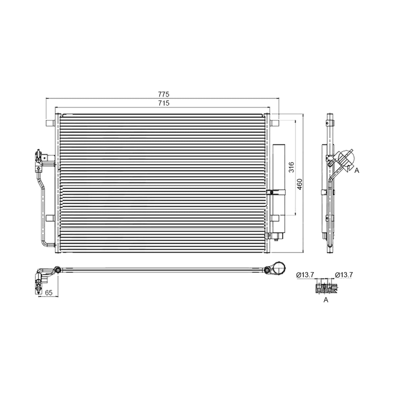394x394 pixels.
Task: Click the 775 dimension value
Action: pyautogui.click(x=164, y=94)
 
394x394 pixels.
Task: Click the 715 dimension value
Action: pyautogui.click(x=164, y=103)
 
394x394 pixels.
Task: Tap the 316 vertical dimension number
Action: pyautogui.click(x=291, y=167)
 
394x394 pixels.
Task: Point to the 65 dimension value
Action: pyautogui.click(x=49, y=293)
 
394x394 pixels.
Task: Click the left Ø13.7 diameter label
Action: pyautogui.click(x=305, y=275)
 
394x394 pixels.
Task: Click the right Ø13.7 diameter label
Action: pyautogui.click(x=344, y=275)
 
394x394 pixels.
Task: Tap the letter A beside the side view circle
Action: pyautogui.click(x=357, y=170)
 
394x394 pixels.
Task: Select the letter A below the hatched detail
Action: pyautogui.click(x=326, y=300)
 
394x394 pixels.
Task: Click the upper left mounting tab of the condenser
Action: pyautogui.click(x=50, y=123)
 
